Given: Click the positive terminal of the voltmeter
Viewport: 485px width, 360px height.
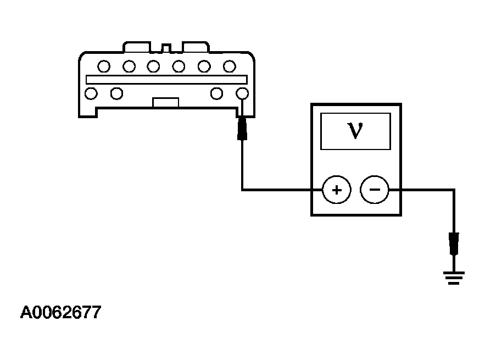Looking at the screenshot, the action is tap(337, 190).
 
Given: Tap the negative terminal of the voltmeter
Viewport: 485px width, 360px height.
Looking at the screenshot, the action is tap(374, 190).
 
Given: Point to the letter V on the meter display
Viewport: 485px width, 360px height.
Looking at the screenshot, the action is tap(355, 131).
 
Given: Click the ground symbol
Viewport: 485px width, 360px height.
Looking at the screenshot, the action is tap(454, 278).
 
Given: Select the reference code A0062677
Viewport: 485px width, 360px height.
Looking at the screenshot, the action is tap(60, 312).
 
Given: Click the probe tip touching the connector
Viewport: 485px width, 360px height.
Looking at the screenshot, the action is tap(242, 129).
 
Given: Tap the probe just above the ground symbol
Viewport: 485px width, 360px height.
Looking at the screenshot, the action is tap(454, 243).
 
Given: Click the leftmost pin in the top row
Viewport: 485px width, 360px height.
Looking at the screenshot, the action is tap(104, 67).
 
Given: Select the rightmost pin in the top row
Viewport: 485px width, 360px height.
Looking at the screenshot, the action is tap(230, 67).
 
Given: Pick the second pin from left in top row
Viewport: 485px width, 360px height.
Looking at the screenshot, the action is tap(129, 67).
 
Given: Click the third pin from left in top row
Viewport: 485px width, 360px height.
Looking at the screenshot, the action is tap(153, 67).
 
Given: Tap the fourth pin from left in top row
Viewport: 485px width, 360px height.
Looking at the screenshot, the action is tap(179, 67).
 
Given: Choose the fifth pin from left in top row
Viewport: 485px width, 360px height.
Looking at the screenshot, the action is tap(204, 67).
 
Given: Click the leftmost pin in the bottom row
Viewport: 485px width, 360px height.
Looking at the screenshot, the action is tap(91, 93).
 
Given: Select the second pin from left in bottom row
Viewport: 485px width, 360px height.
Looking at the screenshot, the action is tap(116, 93).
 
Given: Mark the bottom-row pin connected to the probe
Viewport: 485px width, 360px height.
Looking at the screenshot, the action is tap(242, 93).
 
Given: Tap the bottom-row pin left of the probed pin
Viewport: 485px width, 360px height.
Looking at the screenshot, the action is tap(216, 93).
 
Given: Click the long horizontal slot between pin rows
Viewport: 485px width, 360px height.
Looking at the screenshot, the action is tap(166, 80).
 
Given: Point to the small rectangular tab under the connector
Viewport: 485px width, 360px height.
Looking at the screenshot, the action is tap(165, 102).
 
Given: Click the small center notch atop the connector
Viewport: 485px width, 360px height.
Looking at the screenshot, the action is tap(166, 48).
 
